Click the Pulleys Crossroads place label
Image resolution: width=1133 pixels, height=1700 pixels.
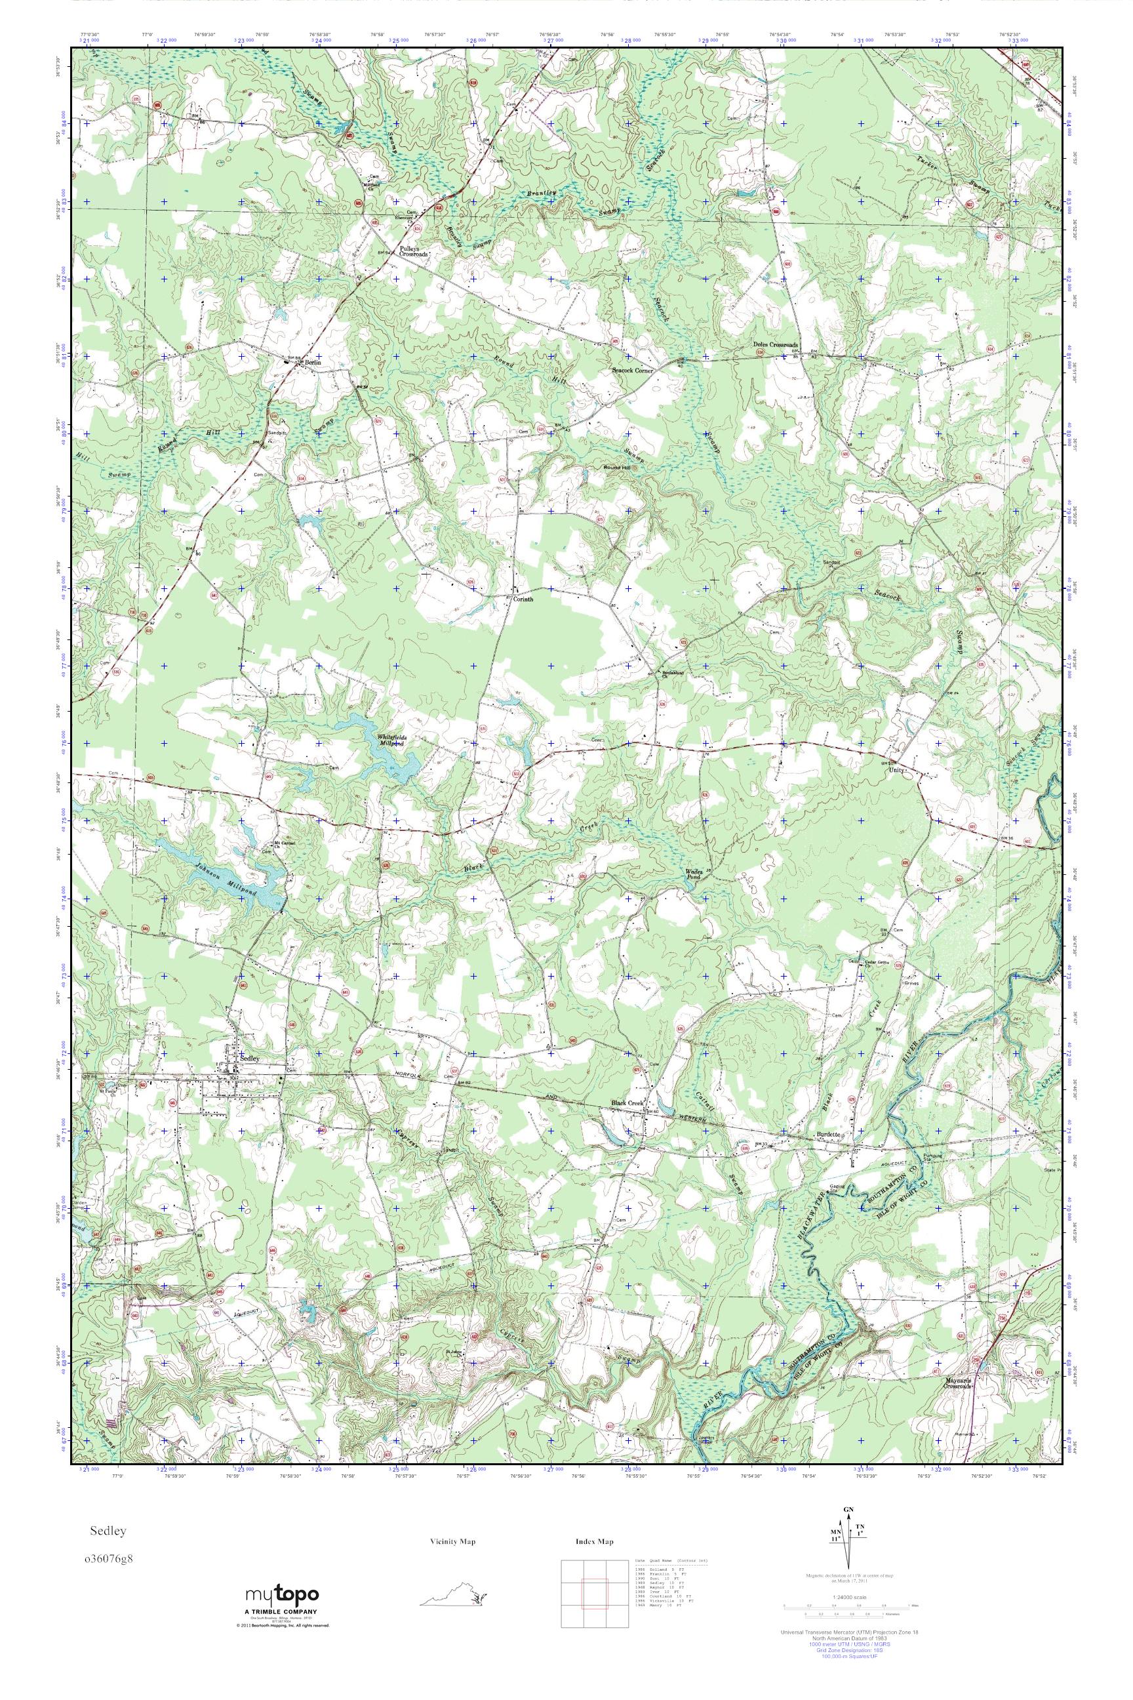pyautogui.click(x=414, y=251)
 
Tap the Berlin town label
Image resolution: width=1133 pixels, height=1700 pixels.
pyautogui.click(x=311, y=361)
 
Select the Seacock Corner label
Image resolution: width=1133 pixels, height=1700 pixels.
pyautogui.click(x=632, y=370)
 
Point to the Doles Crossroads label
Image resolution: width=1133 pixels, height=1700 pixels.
pyautogui.click(x=775, y=345)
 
